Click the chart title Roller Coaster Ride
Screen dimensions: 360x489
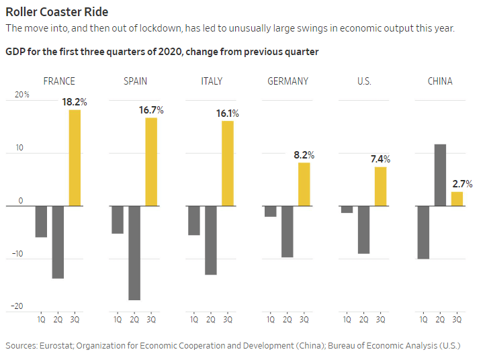click(x=56, y=12)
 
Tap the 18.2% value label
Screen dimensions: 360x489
click(x=75, y=102)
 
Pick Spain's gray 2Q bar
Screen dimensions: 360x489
click(x=134, y=253)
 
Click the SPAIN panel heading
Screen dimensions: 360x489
click(x=135, y=81)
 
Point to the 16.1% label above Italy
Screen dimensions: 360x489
click(x=227, y=114)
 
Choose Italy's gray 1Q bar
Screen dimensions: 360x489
click(x=194, y=220)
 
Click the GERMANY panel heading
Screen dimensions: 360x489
click(x=287, y=81)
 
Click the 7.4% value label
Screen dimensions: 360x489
click(x=380, y=159)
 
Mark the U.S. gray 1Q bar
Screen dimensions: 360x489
click(x=347, y=209)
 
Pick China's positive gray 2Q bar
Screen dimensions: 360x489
click(x=440, y=175)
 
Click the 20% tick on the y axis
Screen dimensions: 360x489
click(x=22, y=95)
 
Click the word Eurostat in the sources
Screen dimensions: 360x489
click(x=55, y=345)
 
